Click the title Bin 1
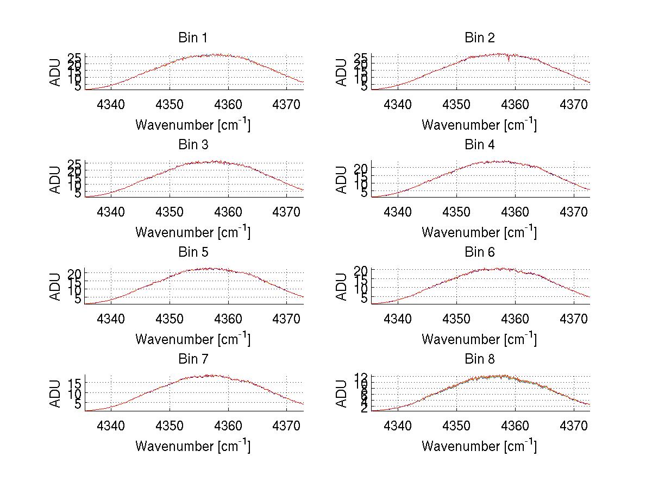[x=193, y=38]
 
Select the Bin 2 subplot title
[x=479, y=38]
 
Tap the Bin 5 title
[x=193, y=252]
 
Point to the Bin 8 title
[x=479, y=359]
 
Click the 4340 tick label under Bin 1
[x=111, y=104]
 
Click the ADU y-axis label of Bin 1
[x=55, y=73]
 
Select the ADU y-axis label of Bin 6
[x=342, y=287]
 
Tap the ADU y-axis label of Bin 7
[x=55, y=394]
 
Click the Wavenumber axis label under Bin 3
[x=193, y=232]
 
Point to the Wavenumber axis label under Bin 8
[x=479, y=446]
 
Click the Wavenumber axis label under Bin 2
[x=479, y=125]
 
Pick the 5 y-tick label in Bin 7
[x=78, y=404]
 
